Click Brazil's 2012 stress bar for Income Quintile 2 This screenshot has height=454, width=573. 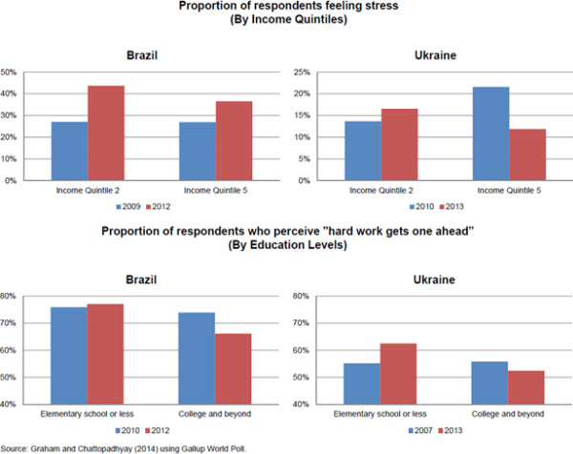[x=106, y=133]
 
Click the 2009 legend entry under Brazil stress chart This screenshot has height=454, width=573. [x=127, y=204]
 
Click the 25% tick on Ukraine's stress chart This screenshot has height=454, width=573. [x=299, y=72]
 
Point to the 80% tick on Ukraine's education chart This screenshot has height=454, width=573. [x=298, y=296]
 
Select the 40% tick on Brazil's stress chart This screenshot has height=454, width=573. [x=9, y=93]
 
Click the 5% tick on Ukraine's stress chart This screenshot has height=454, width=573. [x=301, y=159]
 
